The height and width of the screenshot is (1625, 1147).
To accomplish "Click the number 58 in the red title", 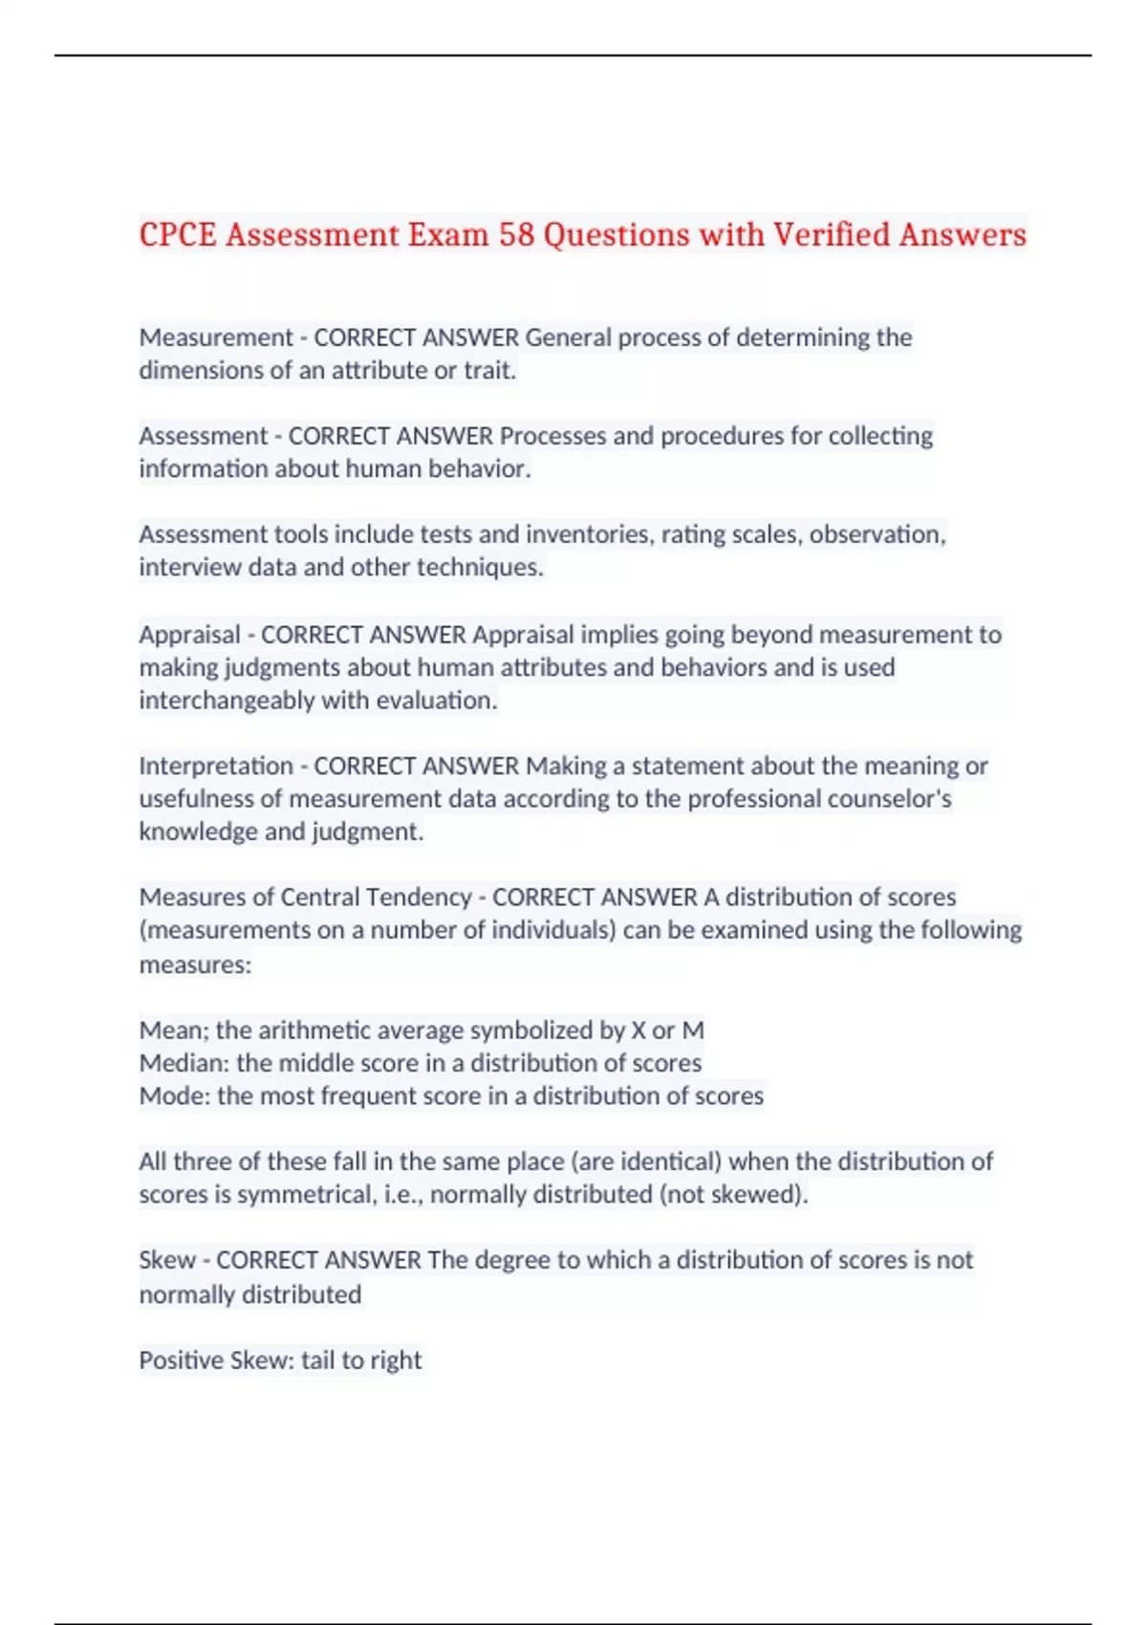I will click(x=516, y=234).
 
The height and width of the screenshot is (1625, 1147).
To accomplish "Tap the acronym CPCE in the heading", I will click(x=178, y=234).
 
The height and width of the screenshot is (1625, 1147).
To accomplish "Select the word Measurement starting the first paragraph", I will click(x=216, y=337).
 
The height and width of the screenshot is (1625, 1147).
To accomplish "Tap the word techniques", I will click(x=482, y=568).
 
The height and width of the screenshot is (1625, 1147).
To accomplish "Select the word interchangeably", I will click(x=227, y=701).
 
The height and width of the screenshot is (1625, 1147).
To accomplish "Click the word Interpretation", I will click(x=216, y=767).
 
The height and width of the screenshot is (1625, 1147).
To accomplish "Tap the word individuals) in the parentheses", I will click(x=553, y=930).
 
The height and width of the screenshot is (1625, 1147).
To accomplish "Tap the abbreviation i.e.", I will click(x=402, y=1195).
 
